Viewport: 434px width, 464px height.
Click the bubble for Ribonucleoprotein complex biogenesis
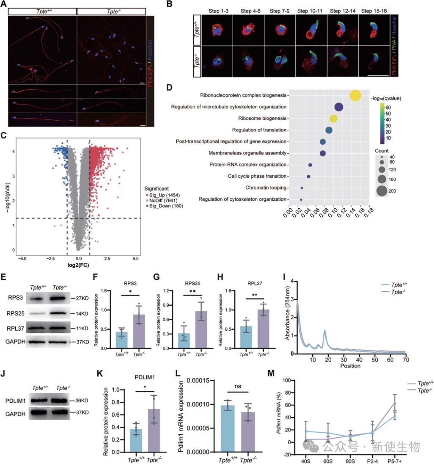[355, 96]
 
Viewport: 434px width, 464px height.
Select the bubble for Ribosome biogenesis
[333, 118]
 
